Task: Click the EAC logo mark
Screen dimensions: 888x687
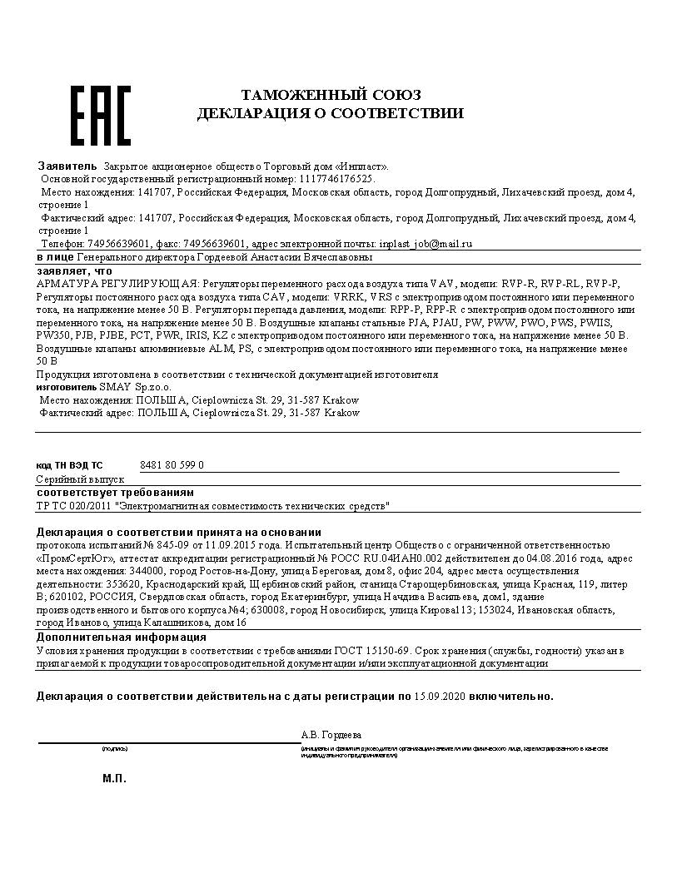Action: coord(99,115)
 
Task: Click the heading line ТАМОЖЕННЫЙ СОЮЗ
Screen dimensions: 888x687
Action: coord(331,95)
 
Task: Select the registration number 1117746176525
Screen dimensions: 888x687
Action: coord(336,179)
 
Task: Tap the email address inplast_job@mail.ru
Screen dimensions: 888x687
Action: coord(425,244)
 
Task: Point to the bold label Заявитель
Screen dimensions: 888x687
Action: coord(67,165)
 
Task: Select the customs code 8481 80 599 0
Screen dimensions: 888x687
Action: coord(172,465)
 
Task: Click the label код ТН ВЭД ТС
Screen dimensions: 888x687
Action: coord(69,466)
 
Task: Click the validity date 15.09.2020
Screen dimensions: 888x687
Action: coord(441,696)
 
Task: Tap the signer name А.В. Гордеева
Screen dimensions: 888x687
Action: coord(331,735)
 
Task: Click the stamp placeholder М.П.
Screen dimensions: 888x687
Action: coord(114,779)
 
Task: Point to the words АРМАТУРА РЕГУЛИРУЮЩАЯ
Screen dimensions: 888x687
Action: coord(117,284)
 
